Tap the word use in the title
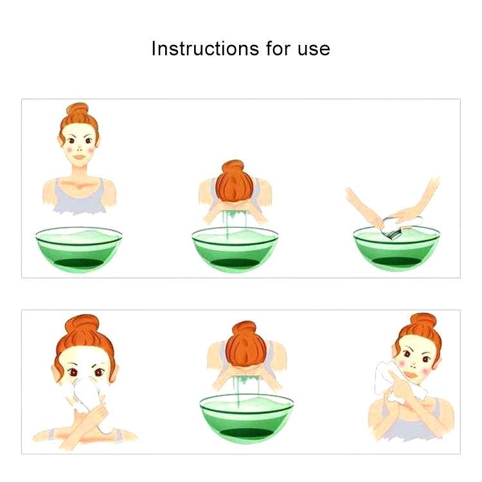(314, 50)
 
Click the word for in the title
(278, 49)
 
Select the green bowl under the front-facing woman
(78, 249)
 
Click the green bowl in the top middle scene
(235, 249)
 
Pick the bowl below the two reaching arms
(397, 249)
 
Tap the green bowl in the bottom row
(247, 418)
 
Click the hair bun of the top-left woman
(78, 110)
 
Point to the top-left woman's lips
(80, 157)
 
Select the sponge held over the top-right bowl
(400, 227)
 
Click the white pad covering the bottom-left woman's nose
(87, 393)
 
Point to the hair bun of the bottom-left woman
(82, 323)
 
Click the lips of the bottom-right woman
(411, 375)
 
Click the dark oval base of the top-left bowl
(78, 263)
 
